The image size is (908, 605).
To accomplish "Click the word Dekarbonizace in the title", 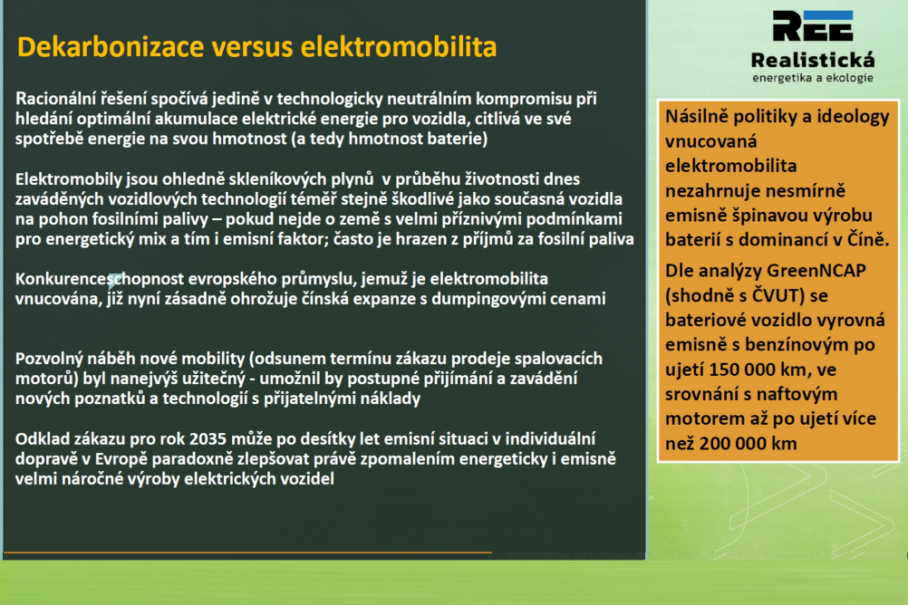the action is coord(111,47).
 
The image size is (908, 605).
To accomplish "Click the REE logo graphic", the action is coord(813,26).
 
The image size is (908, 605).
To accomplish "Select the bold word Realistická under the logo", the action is coord(813,60).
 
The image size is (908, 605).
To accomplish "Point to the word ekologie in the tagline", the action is coord(849,78).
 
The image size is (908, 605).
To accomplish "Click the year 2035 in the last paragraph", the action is coord(208,439).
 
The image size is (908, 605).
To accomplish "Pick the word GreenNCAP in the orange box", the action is coord(816,271).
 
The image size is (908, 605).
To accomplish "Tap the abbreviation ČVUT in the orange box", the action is coord(774,295).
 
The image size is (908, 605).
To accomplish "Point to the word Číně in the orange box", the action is coord(867,239).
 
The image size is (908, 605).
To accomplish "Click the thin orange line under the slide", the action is coord(248,552).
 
